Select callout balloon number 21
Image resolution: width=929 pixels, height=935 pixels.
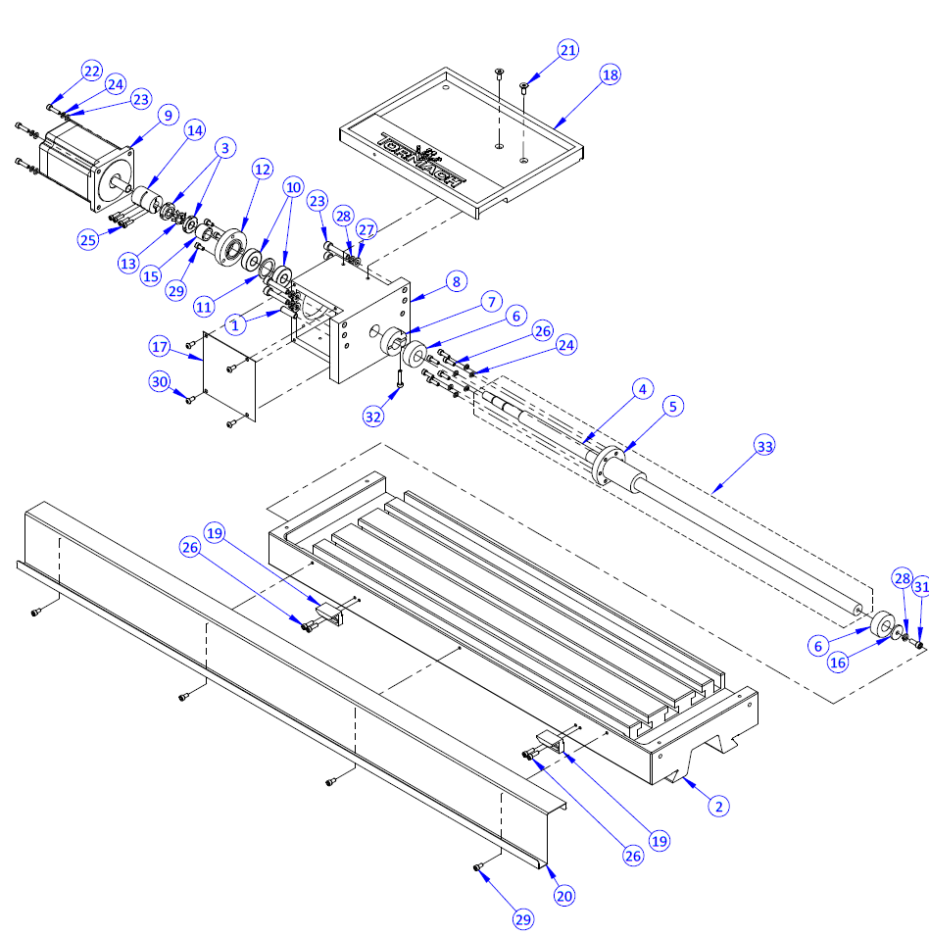569,50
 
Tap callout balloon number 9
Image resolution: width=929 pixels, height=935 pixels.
167,116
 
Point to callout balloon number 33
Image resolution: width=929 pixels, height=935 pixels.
763,446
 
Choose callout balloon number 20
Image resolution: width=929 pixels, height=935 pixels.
563,894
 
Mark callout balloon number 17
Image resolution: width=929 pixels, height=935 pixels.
161,347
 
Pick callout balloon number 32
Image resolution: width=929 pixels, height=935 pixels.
373,416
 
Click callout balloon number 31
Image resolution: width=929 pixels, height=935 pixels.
920,587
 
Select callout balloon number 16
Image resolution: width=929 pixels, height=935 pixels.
837,664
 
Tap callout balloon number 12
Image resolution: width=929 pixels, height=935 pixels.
261,169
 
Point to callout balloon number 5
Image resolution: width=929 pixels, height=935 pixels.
671,405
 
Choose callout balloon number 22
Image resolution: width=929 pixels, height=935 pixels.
91,72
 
